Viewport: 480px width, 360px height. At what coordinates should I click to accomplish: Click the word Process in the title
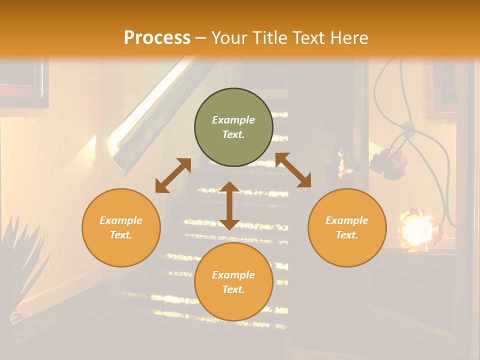(157, 37)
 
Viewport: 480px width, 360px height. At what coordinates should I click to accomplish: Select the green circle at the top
(233, 127)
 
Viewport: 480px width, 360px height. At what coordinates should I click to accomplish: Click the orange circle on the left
(121, 227)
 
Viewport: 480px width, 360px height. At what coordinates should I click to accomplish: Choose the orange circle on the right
(347, 227)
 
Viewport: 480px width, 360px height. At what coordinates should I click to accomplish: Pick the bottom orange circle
(233, 282)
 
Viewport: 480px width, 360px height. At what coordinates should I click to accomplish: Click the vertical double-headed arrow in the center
(229, 205)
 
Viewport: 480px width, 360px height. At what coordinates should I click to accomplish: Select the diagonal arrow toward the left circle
(173, 175)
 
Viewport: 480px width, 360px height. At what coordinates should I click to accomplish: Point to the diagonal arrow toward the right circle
(293, 170)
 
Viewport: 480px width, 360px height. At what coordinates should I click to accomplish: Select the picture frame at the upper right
(442, 90)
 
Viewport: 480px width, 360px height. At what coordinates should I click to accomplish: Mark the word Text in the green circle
(233, 134)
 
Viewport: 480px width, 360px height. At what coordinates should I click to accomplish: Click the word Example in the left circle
(121, 220)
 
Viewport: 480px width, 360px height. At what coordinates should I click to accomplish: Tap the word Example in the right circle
(347, 220)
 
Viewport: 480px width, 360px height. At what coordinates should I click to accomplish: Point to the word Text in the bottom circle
(233, 289)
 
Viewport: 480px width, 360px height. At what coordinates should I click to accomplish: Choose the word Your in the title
(227, 38)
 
